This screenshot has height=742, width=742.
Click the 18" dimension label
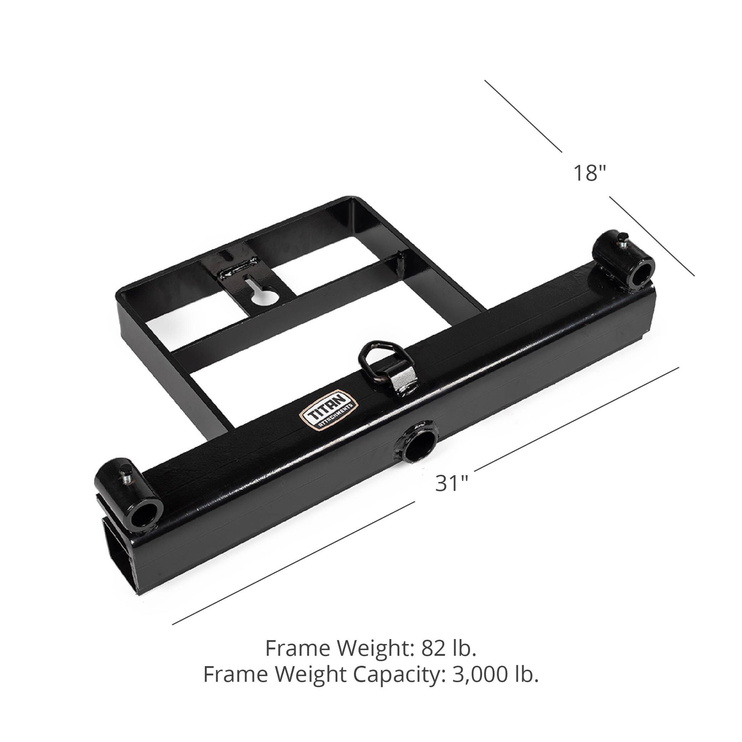click(x=589, y=173)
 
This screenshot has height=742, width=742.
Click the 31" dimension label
click(x=452, y=483)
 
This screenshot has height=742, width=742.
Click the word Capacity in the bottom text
click(x=396, y=675)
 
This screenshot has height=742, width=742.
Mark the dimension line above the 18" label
click(x=523, y=116)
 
